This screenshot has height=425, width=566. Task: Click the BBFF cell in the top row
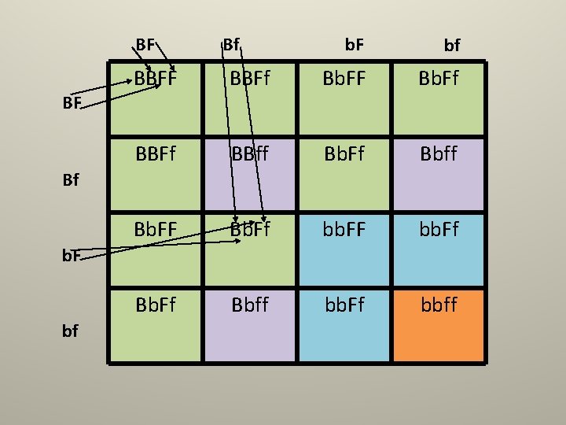coord(155,79)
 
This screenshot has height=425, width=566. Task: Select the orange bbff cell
coord(438,303)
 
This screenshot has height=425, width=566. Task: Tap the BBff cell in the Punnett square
coord(250,154)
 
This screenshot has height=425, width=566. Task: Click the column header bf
coord(451,46)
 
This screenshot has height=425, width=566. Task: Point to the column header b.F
coord(355,45)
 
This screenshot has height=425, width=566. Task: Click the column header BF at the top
coord(145,45)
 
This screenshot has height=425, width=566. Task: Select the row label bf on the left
coord(70,331)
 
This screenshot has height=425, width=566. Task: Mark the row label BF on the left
coord(73,102)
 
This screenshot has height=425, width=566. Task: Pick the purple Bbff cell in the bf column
coord(438,154)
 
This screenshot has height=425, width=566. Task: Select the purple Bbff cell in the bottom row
coord(250,303)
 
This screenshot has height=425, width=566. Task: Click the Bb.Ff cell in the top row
coord(438,79)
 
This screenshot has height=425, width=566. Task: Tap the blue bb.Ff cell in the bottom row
coord(344,303)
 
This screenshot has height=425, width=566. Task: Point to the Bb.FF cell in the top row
coord(344,79)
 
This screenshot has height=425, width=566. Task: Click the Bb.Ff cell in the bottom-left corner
coord(155,303)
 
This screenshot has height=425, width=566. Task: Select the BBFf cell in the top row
coord(250,79)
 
